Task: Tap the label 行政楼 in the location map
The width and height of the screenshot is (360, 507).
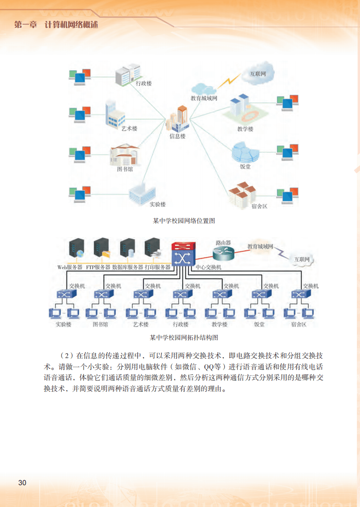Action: tap(143, 83)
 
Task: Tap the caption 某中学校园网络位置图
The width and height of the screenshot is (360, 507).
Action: tap(184, 220)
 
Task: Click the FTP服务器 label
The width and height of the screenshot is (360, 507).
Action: tap(98, 267)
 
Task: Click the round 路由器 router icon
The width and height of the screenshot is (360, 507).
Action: tap(223, 254)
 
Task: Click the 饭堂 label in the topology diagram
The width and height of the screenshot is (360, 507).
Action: tap(259, 324)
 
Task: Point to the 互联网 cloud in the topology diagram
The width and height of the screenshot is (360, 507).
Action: tap(301, 259)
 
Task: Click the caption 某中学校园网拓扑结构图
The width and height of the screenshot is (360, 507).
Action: tap(184, 338)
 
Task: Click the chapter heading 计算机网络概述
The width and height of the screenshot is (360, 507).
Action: tap(71, 25)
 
